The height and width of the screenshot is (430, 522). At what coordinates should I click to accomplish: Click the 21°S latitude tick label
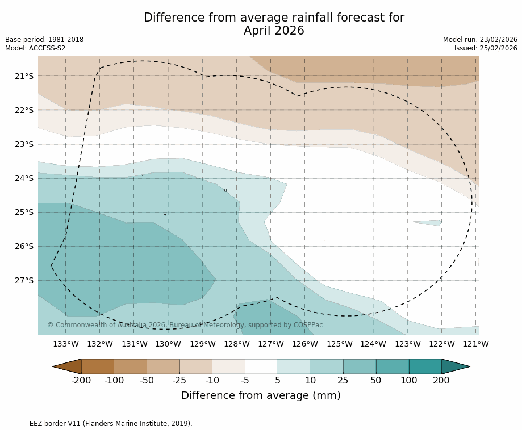pos(24,76)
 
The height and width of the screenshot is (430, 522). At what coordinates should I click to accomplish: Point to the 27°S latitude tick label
pos(24,280)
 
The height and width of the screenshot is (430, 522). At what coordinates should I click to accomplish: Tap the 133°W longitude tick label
pos(66,344)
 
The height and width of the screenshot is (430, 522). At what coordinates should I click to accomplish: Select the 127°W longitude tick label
pos(271,344)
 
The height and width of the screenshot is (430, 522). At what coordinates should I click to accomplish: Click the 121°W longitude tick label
pos(476,344)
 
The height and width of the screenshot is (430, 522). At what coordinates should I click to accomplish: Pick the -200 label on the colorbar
pos(81,381)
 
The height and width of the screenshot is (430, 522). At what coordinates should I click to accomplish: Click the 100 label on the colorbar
pos(408,381)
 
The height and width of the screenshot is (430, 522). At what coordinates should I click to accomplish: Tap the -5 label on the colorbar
pos(245,381)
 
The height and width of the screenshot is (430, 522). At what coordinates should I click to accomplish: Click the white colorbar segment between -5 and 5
pos(261,366)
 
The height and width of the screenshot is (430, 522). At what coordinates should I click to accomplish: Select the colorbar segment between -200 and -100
pos(98,366)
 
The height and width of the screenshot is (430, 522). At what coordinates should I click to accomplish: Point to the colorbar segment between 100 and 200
pos(425,366)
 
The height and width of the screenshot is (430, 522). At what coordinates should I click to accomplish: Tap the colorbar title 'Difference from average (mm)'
pos(261,396)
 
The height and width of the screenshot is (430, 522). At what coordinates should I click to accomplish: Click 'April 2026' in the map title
pos(274,31)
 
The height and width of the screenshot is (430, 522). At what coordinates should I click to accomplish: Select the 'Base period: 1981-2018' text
pos(44,40)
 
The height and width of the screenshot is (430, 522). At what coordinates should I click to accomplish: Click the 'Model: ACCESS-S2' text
pos(35,48)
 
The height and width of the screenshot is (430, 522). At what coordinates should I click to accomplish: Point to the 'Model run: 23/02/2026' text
pos(480,40)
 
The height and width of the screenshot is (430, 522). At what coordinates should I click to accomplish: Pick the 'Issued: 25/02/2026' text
pos(486,48)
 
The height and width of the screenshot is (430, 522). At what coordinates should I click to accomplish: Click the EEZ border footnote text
pos(99,424)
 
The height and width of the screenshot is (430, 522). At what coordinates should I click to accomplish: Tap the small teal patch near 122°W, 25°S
pos(428,222)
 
